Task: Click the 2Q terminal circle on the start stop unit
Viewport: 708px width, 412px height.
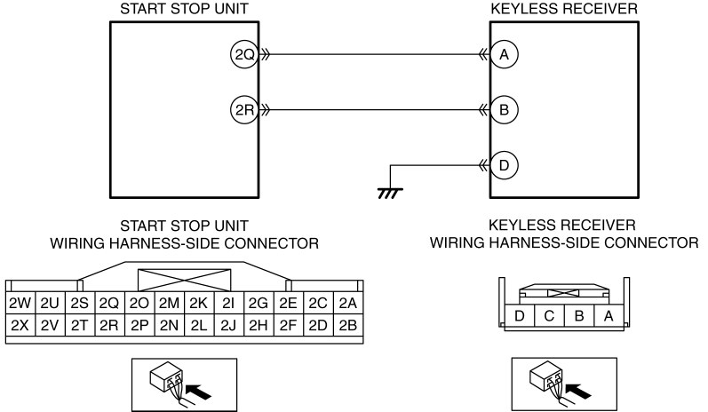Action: (x=244, y=54)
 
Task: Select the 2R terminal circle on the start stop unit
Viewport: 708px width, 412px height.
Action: (x=244, y=109)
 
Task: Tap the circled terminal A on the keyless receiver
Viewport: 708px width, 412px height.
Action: (x=504, y=54)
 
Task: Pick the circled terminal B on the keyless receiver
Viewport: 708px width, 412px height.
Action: (x=504, y=109)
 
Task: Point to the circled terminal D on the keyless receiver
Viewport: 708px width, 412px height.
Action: (x=504, y=165)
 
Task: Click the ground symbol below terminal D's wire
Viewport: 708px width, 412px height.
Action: (x=390, y=194)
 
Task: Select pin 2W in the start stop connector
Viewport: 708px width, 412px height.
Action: (x=20, y=304)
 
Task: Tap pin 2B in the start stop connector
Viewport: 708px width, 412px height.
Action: (x=348, y=325)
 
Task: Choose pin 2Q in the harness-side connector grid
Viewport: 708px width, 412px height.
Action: (x=109, y=304)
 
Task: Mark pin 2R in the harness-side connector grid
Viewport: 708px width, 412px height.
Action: (x=109, y=325)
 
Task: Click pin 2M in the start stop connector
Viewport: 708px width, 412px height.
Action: (x=169, y=304)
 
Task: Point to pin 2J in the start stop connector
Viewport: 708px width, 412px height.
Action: (x=228, y=325)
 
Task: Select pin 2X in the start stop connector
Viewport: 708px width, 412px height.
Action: (x=20, y=325)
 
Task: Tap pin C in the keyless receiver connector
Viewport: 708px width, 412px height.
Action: (x=549, y=315)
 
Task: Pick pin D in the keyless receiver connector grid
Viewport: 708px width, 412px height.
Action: (x=520, y=315)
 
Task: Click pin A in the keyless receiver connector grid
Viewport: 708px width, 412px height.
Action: (x=609, y=315)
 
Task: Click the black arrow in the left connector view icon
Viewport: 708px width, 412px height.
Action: (x=199, y=392)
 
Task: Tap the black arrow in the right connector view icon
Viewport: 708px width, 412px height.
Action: (x=578, y=392)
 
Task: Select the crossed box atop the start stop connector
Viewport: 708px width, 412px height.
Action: (x=184, y=281)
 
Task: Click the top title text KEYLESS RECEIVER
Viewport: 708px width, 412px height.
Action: (x=564, y=9)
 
